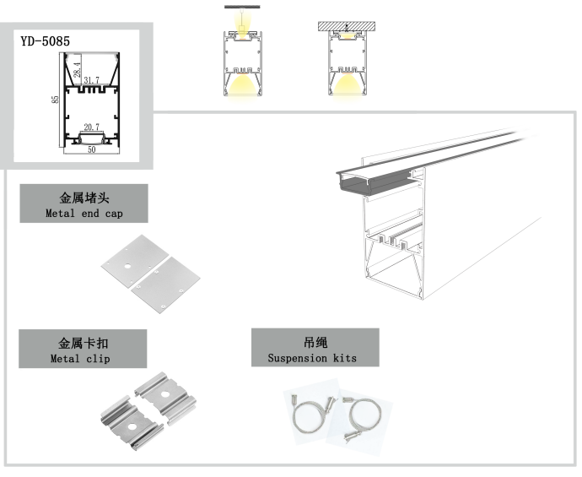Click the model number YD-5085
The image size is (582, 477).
(x=46, y=40)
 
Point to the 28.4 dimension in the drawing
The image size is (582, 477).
(x=77, y=69)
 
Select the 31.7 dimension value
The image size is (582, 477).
(x=91, y=81)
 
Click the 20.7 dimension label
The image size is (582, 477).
(x=91, y=127)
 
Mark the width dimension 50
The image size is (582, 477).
(x=91, y=149)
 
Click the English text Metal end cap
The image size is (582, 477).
(x=84, y=214)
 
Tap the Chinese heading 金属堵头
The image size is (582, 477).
(x=84, y=198)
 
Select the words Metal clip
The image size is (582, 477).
(x=80, y=359)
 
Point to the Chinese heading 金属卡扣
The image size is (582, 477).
(x=83, y=344)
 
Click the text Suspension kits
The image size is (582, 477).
(x=312, y=358)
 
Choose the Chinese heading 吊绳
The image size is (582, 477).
(x=315, y=343)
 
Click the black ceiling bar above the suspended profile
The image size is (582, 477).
(x=241, y=8)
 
